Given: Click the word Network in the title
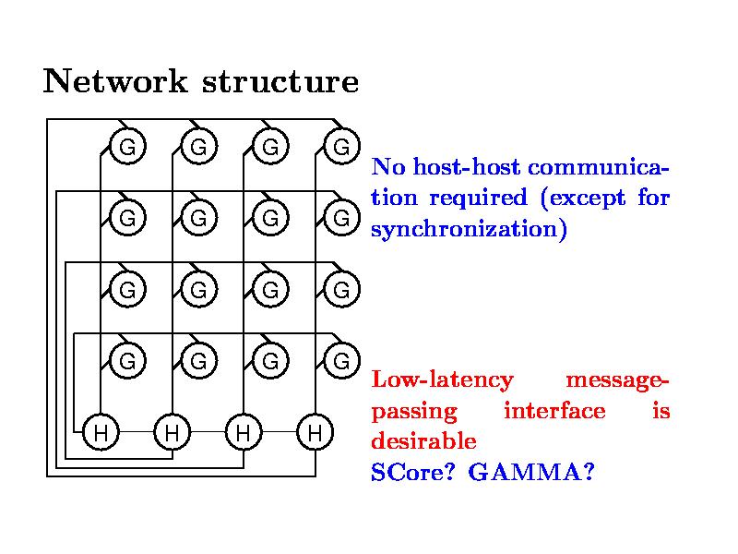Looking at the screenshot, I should coord(115,82).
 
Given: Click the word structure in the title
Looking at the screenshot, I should coord(280,82).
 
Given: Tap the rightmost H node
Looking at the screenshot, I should coord(315,431).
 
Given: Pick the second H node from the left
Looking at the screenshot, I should coord(173,431).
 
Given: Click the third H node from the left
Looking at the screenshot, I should coord(244,431).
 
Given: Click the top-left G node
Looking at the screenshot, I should coord(127,146).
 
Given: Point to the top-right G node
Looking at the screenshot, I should coord(340,146).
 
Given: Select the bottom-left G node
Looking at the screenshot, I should coord(127,360).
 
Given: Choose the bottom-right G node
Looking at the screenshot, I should coord(340,360).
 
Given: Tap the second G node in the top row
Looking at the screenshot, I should coord(198,146).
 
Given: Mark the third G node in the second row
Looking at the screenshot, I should coord(269,218).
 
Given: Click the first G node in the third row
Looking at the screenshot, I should coord(127,289).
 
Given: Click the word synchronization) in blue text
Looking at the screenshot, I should coord(468,228).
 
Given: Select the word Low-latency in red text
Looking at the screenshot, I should coord(442,380).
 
